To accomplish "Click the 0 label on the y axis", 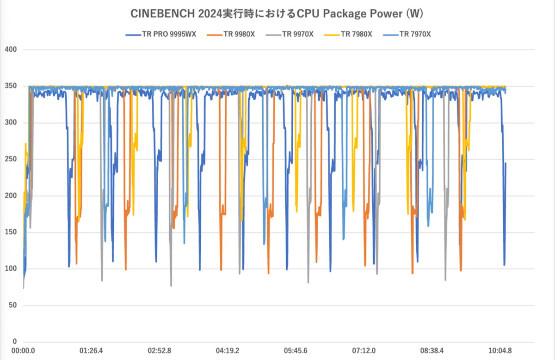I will [x=14, y=342].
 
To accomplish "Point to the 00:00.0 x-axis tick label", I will [x=23, y=351].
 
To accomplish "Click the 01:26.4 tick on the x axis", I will [x=92, y=351].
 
